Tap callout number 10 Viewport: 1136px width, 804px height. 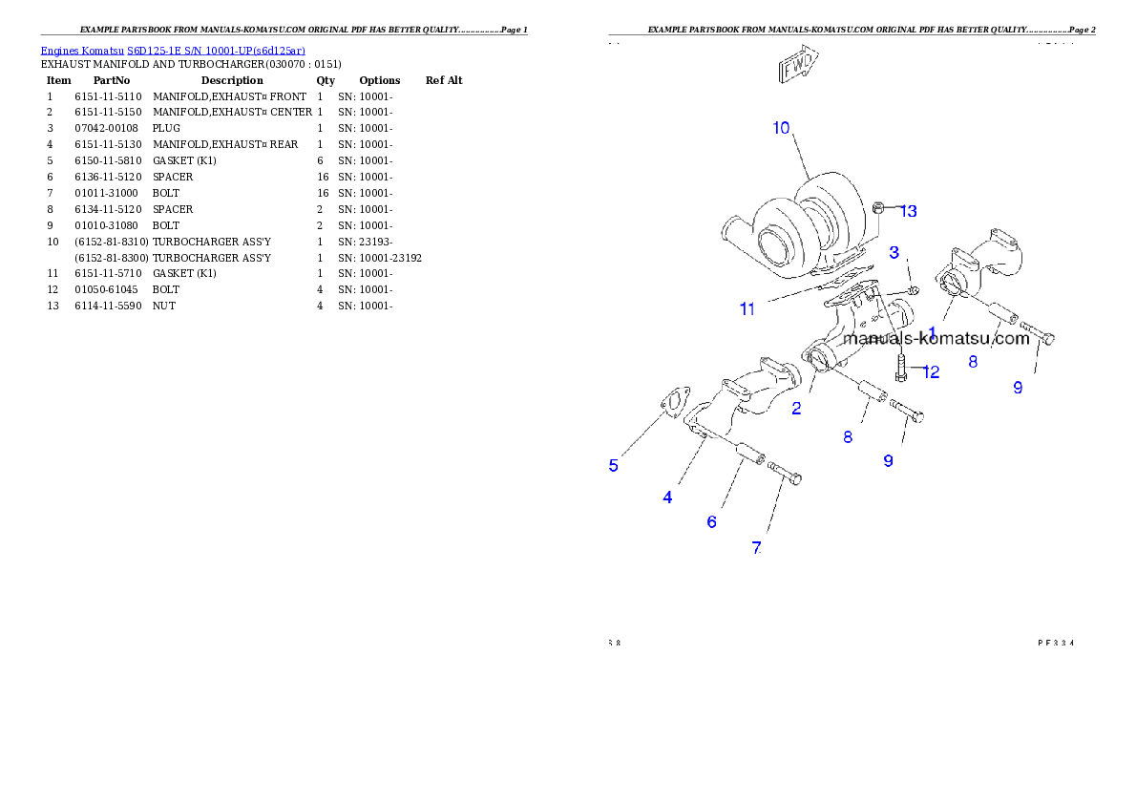click(781, 128)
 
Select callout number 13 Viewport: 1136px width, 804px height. click(908, 211)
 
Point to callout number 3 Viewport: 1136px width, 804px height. click(894, 252)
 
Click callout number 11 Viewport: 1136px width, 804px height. click(747, 309)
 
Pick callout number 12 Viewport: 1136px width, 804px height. click(931, 372)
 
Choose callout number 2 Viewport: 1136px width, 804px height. click(796, 409)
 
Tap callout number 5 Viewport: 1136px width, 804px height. click(614, 466)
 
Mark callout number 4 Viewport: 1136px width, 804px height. click(667, 497)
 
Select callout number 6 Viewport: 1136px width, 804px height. click(711, 522)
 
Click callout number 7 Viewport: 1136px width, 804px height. click(756, 548)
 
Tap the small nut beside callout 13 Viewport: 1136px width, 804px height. click(881, 207)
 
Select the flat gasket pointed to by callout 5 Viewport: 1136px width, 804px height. click(672, 401)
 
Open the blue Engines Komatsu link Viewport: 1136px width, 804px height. click(173, 51)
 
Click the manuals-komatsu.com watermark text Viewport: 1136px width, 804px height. click(936, 338)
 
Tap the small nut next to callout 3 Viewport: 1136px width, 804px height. click(913, 289)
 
